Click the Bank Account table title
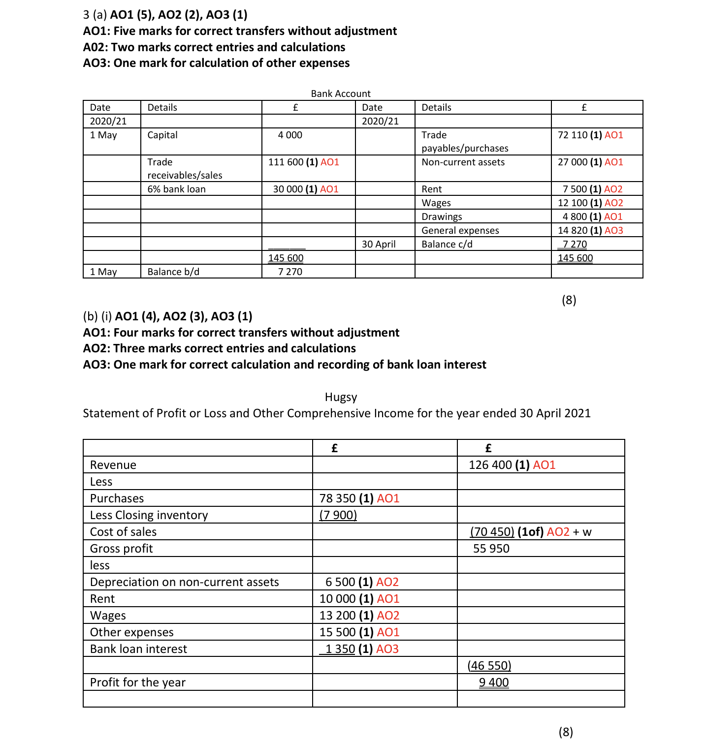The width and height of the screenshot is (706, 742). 341,93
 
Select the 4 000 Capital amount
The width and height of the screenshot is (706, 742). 290,135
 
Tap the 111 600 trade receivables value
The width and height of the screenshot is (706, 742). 286,162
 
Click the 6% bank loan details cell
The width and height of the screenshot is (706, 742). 176,189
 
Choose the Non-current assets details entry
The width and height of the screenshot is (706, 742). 463,162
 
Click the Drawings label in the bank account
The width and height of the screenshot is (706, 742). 442,216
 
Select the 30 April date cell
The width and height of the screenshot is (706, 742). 379,244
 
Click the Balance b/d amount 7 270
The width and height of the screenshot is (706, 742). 290,272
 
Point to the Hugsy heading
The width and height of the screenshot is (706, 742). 341,397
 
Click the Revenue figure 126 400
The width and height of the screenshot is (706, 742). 490,465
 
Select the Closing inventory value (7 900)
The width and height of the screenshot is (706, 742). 338,515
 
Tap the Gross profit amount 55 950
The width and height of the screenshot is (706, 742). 491,549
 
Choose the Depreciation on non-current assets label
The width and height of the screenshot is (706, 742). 184,582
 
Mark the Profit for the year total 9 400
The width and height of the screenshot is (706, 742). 494,682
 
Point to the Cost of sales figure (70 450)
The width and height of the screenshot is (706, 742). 492,532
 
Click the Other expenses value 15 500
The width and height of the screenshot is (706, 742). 337,632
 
